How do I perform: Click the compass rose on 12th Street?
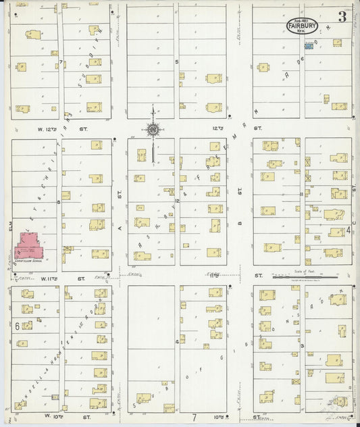(x=153, y=128)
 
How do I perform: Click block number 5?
(x=178, y=61)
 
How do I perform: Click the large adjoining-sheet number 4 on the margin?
(x=348, y=231)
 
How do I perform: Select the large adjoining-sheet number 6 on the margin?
(x=16, y=326)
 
